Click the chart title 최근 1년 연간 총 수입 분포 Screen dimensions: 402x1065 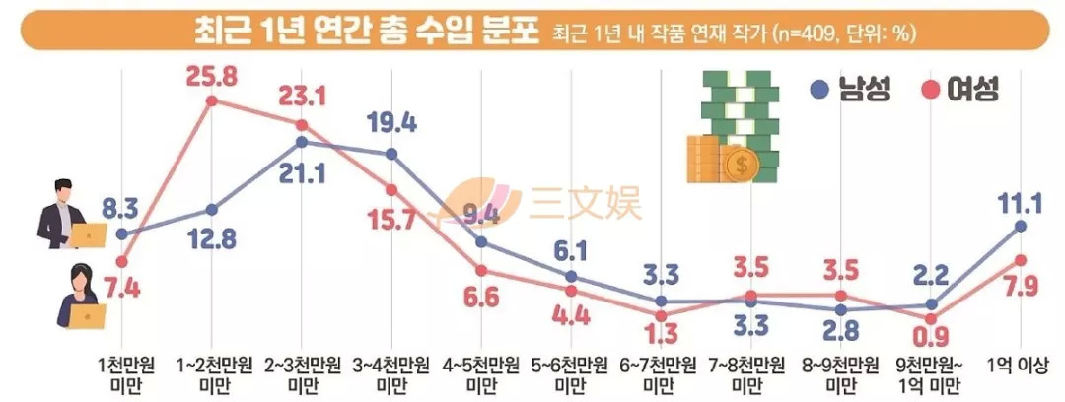[366, 30]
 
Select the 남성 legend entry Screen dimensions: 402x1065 [850, 90]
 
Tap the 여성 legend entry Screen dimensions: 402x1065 [958, 90]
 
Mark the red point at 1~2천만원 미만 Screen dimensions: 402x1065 [211, 100]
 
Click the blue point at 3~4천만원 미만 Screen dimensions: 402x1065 [391, 154]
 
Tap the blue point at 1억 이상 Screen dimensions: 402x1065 [1020, 226]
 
